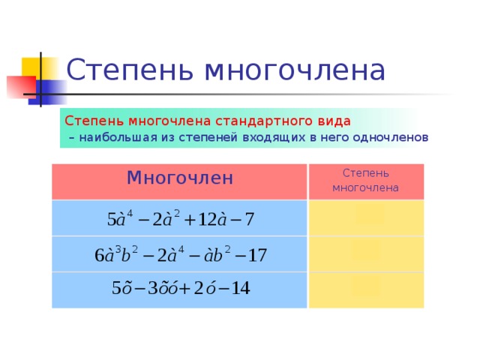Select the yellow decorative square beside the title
pyautogui.click(x=37, y=70)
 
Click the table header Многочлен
pyautogui.click(x=180, y=178)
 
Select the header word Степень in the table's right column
pyautogui.click(x=366, y=173)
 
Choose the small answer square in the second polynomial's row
pyautogui.click(x=366, y=250)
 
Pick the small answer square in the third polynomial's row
pyautogui.click(x=366, y=285)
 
